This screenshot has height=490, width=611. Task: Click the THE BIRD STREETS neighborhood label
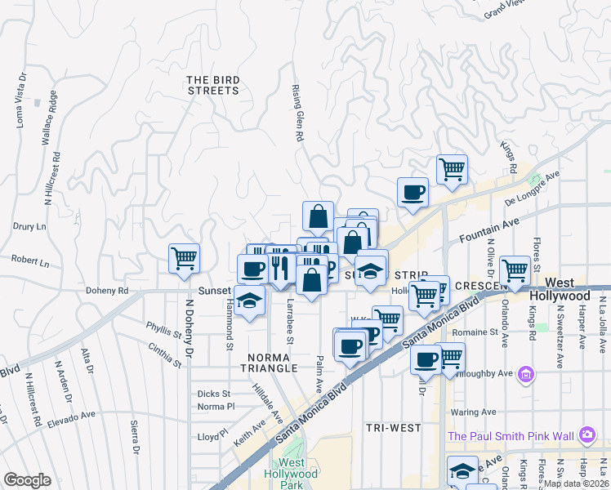[x=213, y=85]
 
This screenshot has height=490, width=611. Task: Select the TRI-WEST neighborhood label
[x=393, y=428]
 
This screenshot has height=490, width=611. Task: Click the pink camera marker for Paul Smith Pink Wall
[x=586, y=435]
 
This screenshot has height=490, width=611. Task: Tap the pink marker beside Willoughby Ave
[x=527, y=374]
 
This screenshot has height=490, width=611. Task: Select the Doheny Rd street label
[x=107, y=290]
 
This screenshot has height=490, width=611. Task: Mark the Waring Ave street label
[x=472, y=412]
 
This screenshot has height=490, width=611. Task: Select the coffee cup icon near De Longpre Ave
[x=413, y=193]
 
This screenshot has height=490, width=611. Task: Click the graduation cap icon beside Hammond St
[x=250, y=300]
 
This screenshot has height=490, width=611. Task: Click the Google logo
[x=28, y=480]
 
